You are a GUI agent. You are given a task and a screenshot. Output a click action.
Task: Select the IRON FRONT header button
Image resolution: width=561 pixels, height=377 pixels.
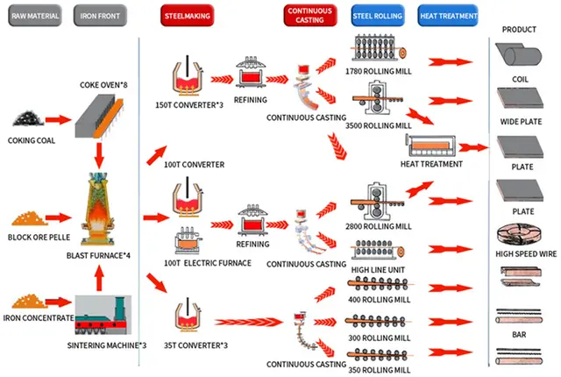point(101,15)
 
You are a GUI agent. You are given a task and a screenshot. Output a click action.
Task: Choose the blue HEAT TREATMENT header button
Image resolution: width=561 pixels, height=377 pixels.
point(449,15)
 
